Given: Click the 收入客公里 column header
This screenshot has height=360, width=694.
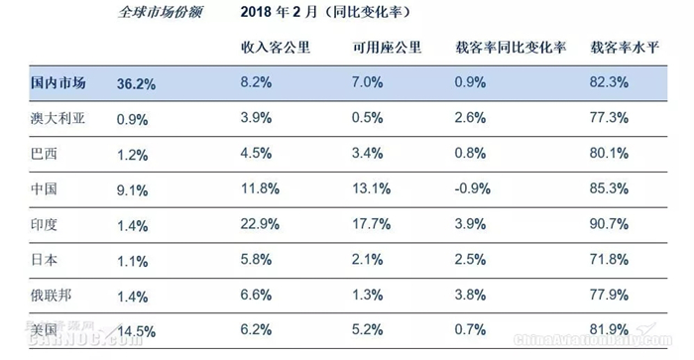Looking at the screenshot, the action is (x=276, y=48).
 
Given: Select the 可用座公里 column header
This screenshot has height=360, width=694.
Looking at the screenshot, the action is (x=387, y=48).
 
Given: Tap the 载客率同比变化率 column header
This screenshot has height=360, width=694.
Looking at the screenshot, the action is (x=511, y=48).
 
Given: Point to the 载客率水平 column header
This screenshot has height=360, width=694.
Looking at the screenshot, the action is (x=625, y=48).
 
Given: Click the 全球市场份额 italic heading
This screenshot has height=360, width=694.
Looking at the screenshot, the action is (x=160, y=12).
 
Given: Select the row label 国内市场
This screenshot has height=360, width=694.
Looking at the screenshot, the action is (x=58, y=82).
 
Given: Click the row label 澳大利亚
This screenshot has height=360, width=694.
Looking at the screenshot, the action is (x=58, y=118).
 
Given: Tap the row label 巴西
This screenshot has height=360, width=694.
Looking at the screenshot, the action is (x=44, y=154).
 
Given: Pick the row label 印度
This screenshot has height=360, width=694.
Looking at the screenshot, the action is (x=44, y=224).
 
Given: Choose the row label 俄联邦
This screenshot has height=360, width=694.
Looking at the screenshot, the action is (x=51, y=296).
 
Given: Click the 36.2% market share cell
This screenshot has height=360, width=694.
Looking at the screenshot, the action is (x=136, y=83).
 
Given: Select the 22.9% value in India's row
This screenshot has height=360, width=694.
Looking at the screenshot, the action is (x=260, y=224).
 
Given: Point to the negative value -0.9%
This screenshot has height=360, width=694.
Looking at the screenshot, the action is (x=472, y=188).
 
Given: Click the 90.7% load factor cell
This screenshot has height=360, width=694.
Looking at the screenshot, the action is (x=609, y=224).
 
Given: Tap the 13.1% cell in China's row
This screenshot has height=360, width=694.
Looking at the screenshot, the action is (x=371, y=188).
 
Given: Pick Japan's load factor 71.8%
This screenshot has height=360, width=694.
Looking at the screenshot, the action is (x=609, y=260).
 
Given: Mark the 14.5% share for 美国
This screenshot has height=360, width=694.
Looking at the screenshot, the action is (x=136, y=331).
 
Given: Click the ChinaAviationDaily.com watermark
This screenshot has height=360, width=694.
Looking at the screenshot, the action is (x=592, y=340).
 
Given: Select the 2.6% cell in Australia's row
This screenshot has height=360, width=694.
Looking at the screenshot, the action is (x=470, y=118).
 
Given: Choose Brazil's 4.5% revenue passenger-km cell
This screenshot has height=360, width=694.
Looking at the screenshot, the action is (x=256, y=153).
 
